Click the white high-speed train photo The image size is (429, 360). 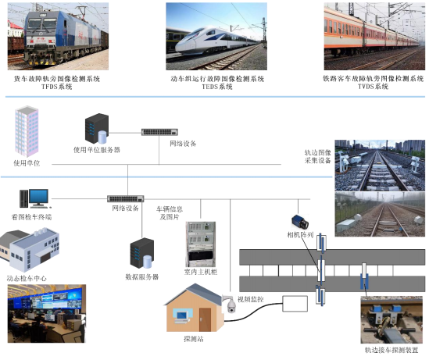coord(216,37)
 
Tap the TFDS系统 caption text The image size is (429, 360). coord(56,87)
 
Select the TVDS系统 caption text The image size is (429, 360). coord(374,87)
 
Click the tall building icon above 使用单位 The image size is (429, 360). coord(27,131)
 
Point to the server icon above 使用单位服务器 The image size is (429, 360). coord(97,129)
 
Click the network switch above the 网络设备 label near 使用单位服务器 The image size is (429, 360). coord(159,132)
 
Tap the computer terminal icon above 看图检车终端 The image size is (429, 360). coord(34,198)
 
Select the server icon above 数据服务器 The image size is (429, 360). coord(142,253)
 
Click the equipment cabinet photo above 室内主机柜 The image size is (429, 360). coord(201,244)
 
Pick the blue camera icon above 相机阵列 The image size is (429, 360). coord(300,222)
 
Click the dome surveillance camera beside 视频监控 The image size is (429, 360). coord(230,304)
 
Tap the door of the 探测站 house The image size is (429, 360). coord(205,319)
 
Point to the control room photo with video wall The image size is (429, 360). coord(47,313)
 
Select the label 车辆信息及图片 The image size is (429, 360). coord(170,213)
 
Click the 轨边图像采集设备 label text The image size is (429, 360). coord(317,156)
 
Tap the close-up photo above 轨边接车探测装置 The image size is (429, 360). coord(391,320)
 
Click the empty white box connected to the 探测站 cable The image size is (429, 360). coord(295,304)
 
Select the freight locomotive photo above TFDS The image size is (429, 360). coord(58,37)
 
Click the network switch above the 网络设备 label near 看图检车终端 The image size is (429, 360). coord(126,198)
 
